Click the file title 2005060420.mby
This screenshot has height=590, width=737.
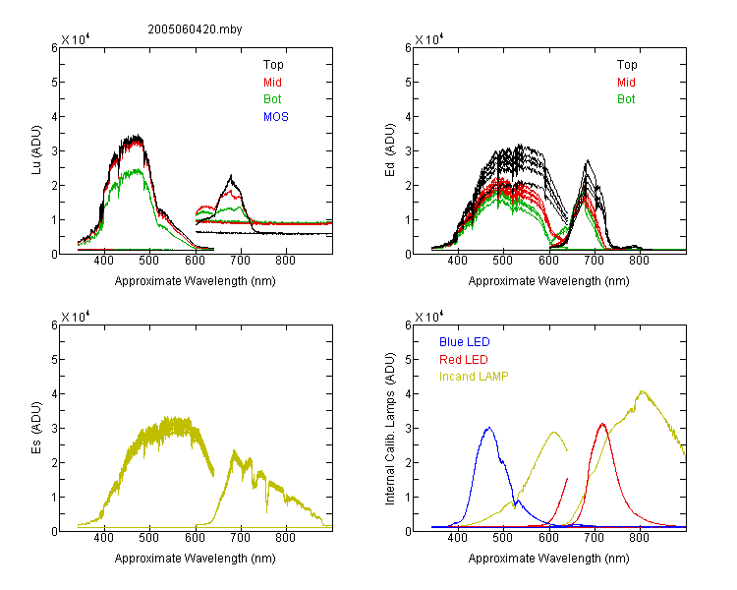pyautogui.click(x=195, y=29)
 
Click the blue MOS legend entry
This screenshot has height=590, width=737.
pyautogui.click(x=276, y=117)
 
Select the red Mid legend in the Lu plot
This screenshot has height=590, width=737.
pyautogui.click(x=272, y=83)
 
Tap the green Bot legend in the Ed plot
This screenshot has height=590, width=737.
pyautogui.click(x=626, y=99)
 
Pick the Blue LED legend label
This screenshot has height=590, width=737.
pyautogui.click(x=465, y=342)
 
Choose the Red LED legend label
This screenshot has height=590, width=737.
pyautogui.click(x=464, y=360)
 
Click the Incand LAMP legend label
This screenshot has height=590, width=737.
pyautogui.click(x=474, y=377)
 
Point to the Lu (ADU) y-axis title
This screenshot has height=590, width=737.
pyautogui.click(x=36, y=150)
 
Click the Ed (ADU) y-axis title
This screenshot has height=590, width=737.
pyautogui.click(x=390, y=150)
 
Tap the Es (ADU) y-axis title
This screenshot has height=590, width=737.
pyautogui.click(x=36, y=427)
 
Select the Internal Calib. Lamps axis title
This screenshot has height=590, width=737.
pyautogui.click(x=390, y=429)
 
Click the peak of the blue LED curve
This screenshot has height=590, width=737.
pyautogui.click(x=489, y=428)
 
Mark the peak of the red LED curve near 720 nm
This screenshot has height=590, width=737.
pyautogui.click(x=602, y=424)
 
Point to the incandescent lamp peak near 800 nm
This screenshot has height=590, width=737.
pyautogui.click(x=642, y=391)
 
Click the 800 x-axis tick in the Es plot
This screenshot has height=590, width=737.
pyautogui.click(x=285, y=538)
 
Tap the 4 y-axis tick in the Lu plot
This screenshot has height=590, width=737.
pyautogui.click(x=54, y=117)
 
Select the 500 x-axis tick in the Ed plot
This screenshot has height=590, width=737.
pyautogui.click(x=502, y=261)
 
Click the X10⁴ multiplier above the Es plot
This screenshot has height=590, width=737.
pyautogui.click(x=76, y=317)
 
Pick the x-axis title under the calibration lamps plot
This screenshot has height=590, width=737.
pyautogui.click(x=548, y=559)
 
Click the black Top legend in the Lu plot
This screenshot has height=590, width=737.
pyautogui.click(x=273, y=65)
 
